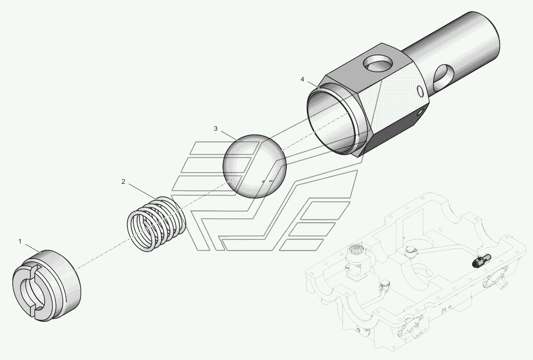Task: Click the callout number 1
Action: point(20,242)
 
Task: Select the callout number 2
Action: point(123,181)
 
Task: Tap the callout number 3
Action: point(215,129)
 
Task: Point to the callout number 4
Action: point(302,79)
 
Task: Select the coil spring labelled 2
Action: point(157,224)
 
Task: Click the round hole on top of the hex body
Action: point(378,64)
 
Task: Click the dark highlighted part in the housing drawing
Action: point(479,261)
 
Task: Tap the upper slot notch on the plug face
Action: point(34,268)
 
